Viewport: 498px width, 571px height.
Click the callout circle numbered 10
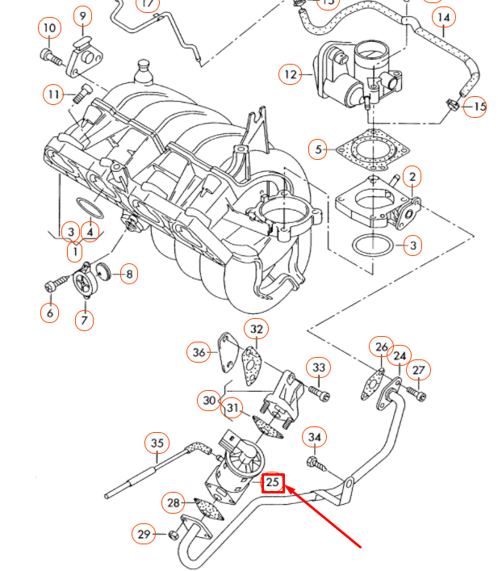(50, 28)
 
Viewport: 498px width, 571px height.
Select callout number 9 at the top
(83, 15)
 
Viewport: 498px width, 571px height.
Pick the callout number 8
(129, 274)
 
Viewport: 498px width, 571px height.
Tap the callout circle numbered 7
(85, 320)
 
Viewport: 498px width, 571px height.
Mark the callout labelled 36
(199, 351)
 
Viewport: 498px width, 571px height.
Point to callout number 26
(381, 347)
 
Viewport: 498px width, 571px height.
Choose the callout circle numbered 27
(418, 370)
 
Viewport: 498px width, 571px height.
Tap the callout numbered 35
(157, 443)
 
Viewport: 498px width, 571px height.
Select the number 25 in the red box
(274, 483)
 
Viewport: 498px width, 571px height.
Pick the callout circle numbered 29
(144, 534)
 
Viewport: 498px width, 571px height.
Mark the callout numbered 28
(173, 502)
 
